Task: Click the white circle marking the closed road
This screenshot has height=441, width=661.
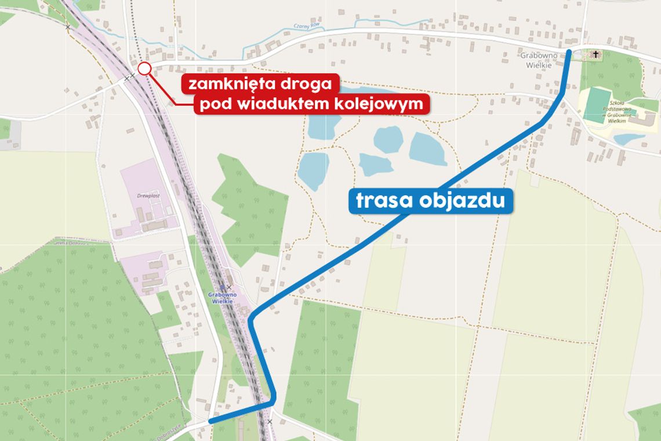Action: point(144,69)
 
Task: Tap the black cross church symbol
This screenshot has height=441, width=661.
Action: point(595,55)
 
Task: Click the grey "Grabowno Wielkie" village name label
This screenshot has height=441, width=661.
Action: point(539,61)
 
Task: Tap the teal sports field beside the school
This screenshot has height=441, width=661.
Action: point(598,104)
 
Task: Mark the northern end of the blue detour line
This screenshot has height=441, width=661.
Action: point(569,52)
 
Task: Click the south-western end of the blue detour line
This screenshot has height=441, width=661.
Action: point(210,421)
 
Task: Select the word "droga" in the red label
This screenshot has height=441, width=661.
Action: point(307,84)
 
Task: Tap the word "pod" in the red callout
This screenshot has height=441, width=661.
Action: point(216,105)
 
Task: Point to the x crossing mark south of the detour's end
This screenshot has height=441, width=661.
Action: point(270,421)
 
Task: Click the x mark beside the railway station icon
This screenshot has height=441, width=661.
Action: point(229,287)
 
